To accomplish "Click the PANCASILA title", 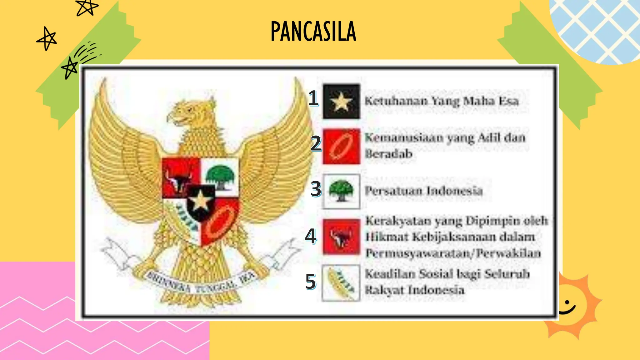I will pos(313,31).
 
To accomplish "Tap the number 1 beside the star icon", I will pos(313,98).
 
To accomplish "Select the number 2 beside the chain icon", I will pos(316,144).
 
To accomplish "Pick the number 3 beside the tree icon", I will pos(316,189).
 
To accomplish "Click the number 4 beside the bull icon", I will pos(311,236).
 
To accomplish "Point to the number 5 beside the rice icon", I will pos(311,281).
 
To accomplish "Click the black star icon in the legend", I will pos(341,102).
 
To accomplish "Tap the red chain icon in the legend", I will pos(341,146).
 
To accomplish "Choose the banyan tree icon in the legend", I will pos(341,191).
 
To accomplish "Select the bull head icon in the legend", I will pos(341,237).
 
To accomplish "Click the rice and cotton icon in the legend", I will pos(341,283).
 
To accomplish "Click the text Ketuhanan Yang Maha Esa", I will pos(442,101).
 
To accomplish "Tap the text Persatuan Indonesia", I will pos(424,191).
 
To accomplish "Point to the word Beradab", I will pos(389,154).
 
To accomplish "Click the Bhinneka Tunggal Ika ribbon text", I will pos(200,283).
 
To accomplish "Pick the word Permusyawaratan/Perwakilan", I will pos(453,253).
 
